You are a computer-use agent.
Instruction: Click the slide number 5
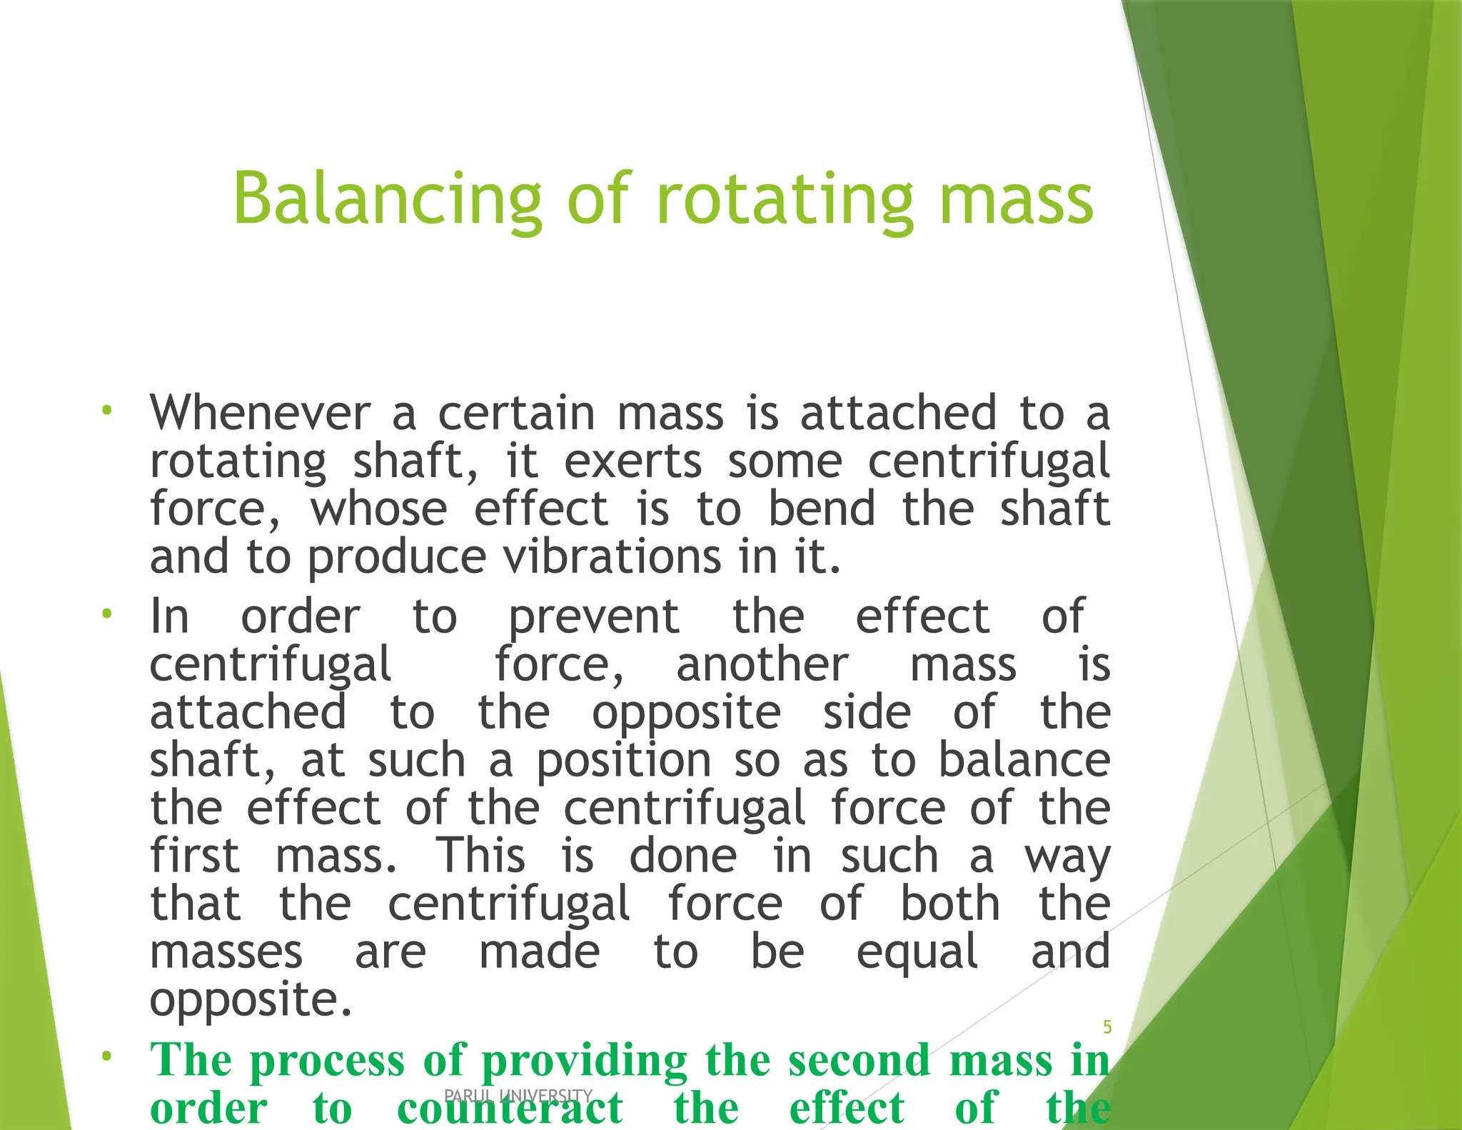click(x=1107, y=1027)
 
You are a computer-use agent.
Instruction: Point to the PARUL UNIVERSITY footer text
click(x=518, y=1095)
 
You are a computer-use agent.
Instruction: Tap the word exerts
click(x=632, y=461)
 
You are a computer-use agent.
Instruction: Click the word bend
click(x=821, y=509)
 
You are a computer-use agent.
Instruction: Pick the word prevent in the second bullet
click(x=593, y=617)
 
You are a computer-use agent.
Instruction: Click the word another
click(x=762, y=665)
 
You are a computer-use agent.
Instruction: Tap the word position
click(x=623, y=761)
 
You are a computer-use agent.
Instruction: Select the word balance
click(x=1024, y=761)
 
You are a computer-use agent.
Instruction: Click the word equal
click(x=917, y=952)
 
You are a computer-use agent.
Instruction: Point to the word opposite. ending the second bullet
click(x=251, y=1000)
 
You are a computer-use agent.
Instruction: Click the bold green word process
click(x=327, y=1060)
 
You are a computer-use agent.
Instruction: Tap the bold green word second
click(x=859, y=1060)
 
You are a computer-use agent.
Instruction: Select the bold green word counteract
click(x=510, y=1108)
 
